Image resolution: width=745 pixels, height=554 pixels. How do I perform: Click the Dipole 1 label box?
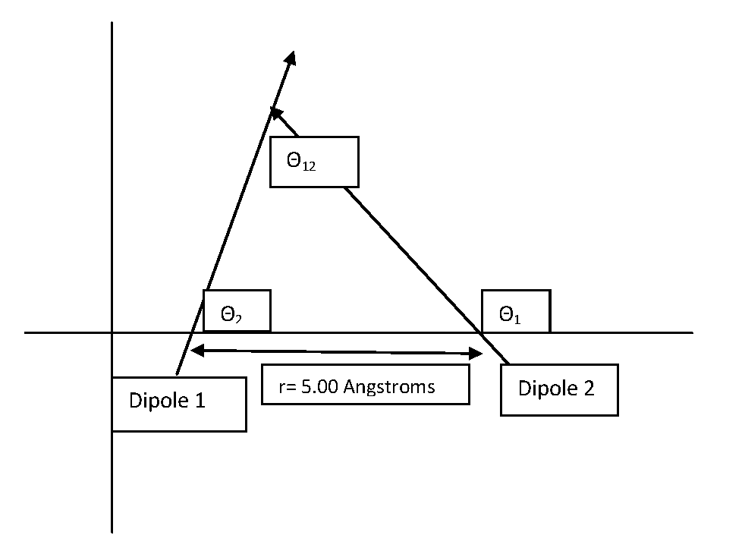178,404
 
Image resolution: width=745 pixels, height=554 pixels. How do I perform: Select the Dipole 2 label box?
559,390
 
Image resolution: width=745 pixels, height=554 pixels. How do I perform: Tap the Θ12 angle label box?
314,162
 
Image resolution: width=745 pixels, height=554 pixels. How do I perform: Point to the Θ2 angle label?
236,311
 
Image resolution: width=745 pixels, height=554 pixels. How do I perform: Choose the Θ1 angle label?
516,311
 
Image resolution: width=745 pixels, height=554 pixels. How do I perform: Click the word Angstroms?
390,387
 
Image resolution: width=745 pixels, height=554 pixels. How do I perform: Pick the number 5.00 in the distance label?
320,386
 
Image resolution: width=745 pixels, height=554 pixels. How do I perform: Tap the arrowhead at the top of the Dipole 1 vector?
291,58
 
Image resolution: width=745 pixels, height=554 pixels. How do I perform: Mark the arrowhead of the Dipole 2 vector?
276,114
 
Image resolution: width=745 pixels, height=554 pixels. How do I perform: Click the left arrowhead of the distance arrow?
195,350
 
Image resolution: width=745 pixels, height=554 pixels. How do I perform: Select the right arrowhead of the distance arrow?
477,354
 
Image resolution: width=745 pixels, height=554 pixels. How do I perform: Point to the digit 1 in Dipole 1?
200,401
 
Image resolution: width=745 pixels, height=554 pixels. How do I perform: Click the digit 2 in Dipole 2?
589,389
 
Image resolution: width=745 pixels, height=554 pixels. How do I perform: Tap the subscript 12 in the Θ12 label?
308,166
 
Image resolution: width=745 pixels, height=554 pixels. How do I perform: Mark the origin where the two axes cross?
112,332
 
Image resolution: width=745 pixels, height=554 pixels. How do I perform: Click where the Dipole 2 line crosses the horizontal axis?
483,332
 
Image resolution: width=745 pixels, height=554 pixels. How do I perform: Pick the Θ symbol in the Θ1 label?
505,314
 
